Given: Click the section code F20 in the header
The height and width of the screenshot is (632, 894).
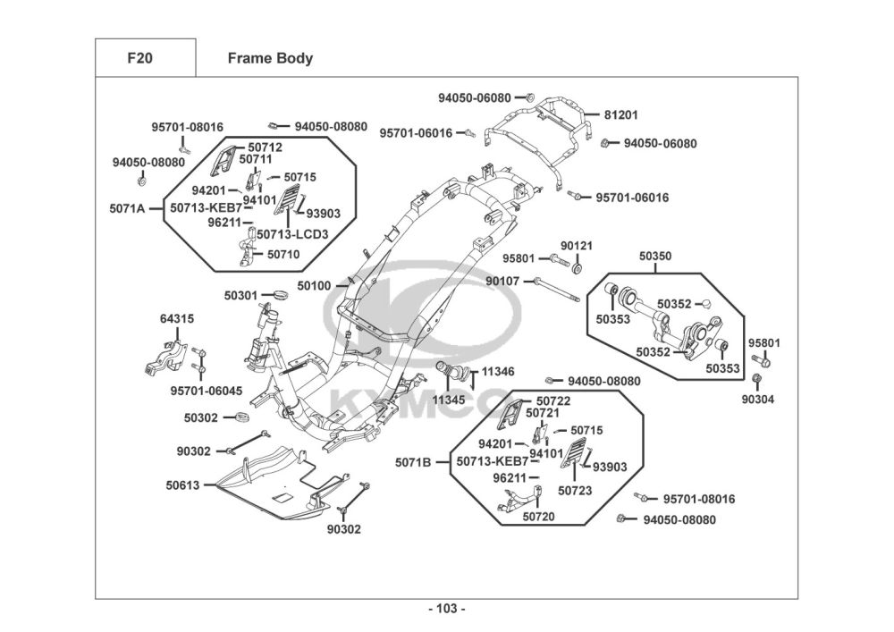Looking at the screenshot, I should (x=139, y=59).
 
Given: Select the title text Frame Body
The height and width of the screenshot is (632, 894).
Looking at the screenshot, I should (x=270, y=59).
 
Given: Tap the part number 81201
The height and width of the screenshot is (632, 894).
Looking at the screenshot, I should (x=621, y=115).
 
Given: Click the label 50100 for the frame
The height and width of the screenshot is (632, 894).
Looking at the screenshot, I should (x=314, y=286).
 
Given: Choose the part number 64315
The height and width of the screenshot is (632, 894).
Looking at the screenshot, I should (x=177, y=318).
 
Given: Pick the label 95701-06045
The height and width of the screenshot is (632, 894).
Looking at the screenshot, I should (x=206, y=390).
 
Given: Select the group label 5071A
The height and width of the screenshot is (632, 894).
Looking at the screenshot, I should (x=128, y=208).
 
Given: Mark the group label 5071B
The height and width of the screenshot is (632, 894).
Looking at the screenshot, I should (x=413, y=462).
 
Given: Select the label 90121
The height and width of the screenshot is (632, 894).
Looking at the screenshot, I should (x=577, y=246).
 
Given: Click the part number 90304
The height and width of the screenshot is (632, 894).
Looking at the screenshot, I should (x=758, y=399).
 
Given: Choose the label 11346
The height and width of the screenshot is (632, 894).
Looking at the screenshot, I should (x=498, y=371).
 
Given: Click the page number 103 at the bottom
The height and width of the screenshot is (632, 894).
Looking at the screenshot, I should (x=446, y=609).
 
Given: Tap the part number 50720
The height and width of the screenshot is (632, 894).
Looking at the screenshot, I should (x=539, y=516).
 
